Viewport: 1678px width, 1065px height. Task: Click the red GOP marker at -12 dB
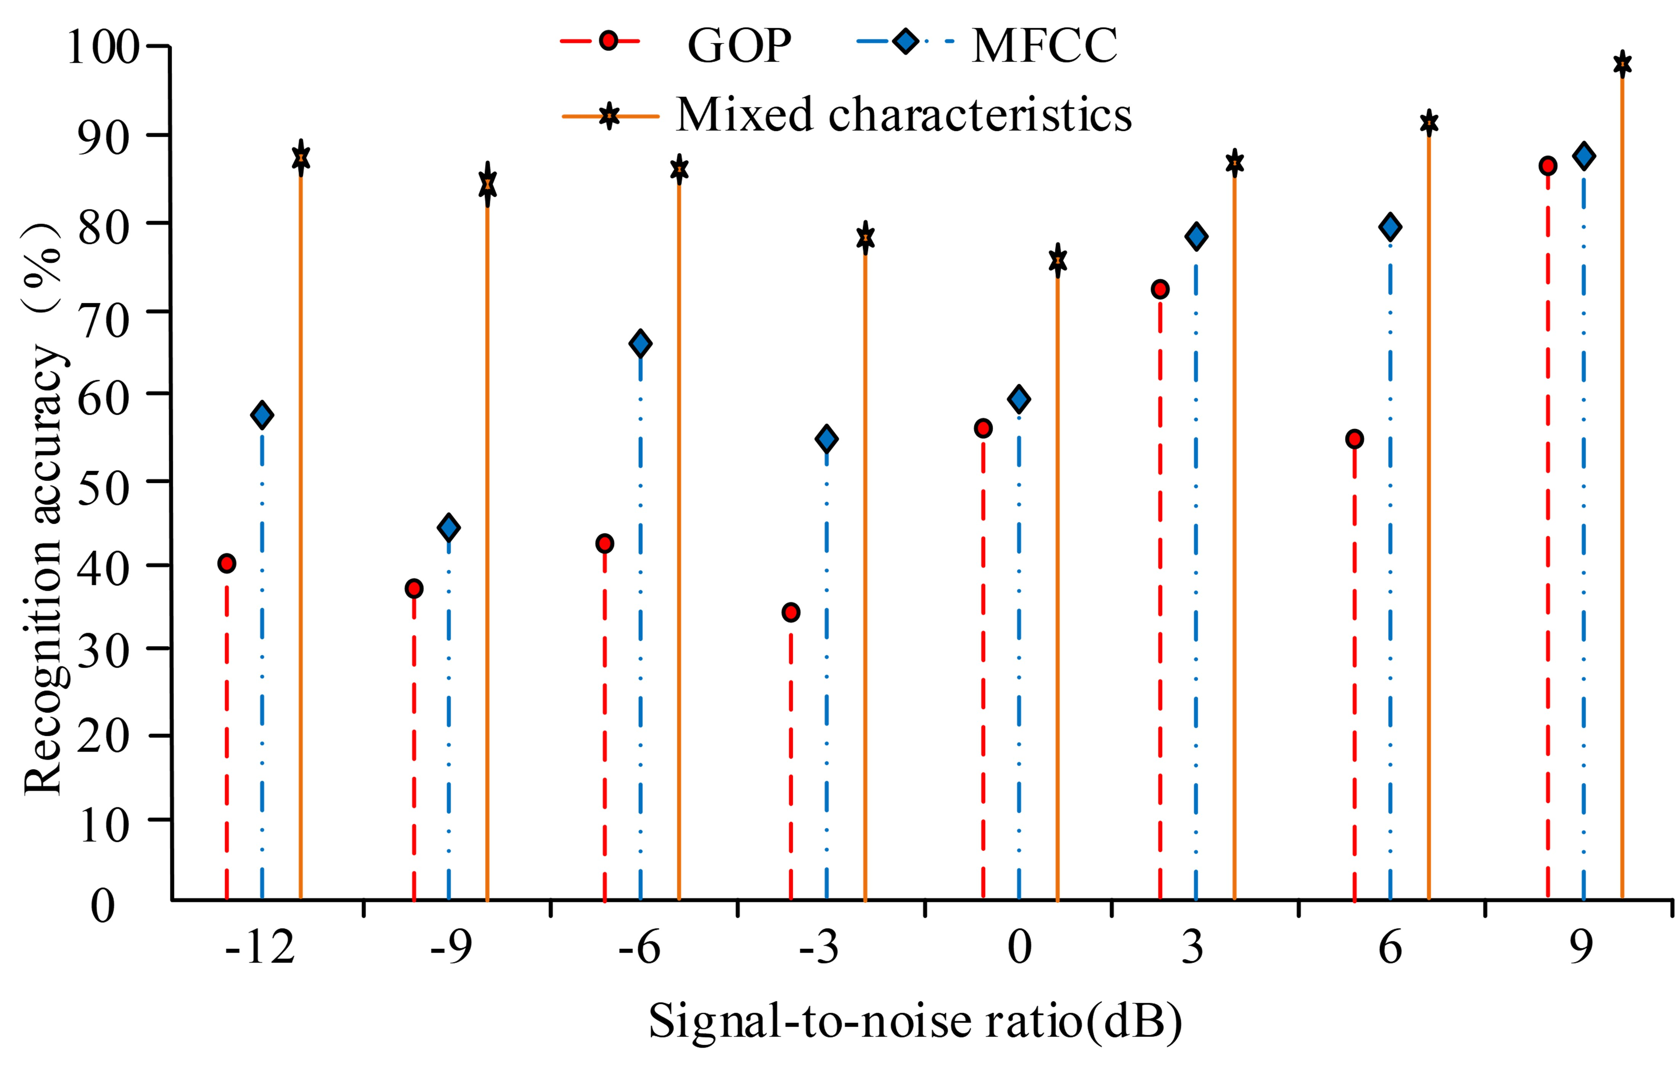coord(227,563)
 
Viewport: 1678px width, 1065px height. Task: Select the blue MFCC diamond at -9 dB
coord(449,528)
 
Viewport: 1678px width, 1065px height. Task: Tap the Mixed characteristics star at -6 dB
coord(679,169)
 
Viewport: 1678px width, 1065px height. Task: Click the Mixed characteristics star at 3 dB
coord(1234,164)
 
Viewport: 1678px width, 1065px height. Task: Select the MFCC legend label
coord(1044,46)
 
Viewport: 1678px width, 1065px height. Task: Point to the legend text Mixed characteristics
coord(904,114)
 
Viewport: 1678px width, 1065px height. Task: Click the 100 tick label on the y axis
coord(103,47)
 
